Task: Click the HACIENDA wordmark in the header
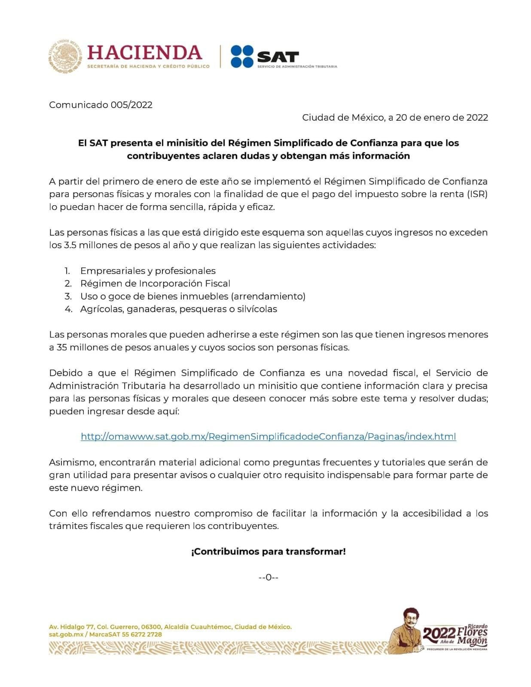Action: pos(144,52)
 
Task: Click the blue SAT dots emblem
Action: pos(242,56)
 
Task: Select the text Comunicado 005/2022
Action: pos(101,105)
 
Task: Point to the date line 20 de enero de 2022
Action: pos(395,117)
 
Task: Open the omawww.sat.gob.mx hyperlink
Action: pos(268,437)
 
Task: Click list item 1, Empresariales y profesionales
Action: pos(148,271)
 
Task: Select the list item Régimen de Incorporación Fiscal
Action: pos(155,283)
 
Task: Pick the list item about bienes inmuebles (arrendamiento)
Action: pos(192,296)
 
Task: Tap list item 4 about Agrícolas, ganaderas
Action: pos(178,309)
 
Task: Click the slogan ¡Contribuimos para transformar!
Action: pos(268,551)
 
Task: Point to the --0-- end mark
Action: pos(269,578)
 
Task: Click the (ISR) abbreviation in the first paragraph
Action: pos(477,194)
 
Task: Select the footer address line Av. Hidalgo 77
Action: pos(170,627)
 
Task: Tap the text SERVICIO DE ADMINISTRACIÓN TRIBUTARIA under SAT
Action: pos(297,67)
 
